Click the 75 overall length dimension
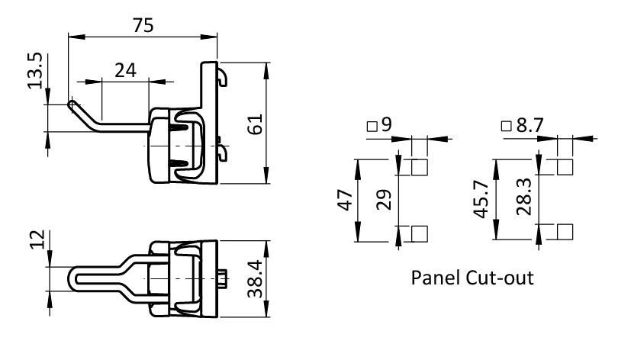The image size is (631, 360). click(141, 24)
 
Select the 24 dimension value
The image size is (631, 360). click(126, 70)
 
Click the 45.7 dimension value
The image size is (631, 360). click(481, 200)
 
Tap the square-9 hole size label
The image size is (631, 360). click(379, 124)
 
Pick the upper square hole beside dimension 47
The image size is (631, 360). click(418, 167)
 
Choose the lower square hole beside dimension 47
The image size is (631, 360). click(418, 233)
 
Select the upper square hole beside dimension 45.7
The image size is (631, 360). click(565, 167)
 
